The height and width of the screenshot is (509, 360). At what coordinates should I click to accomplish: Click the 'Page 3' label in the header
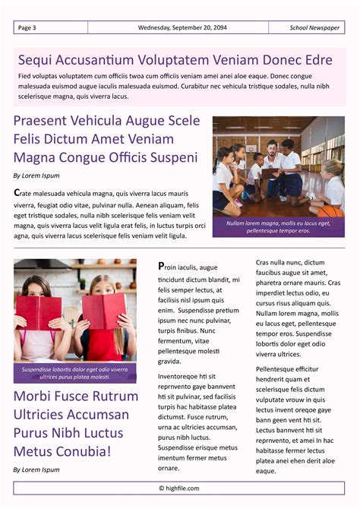click(27, 28)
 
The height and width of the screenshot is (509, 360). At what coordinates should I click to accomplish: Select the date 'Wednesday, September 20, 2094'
click(182, 28)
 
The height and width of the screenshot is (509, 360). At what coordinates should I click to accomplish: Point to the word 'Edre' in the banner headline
click(317, 60)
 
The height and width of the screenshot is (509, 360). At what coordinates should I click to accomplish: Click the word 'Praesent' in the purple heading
click(43, 121)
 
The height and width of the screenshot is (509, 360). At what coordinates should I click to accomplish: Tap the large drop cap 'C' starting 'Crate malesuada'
click(17, 193)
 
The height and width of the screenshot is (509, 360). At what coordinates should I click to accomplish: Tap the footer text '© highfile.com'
click(179, 488)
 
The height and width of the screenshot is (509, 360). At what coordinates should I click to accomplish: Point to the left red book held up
click(39, 311)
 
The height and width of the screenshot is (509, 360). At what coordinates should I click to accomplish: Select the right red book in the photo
click(103, 310)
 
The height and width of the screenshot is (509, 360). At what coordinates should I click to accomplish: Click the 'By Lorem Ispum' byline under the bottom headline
click(36, 469)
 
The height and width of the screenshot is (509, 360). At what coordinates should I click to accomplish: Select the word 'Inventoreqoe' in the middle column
click(180, 376)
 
